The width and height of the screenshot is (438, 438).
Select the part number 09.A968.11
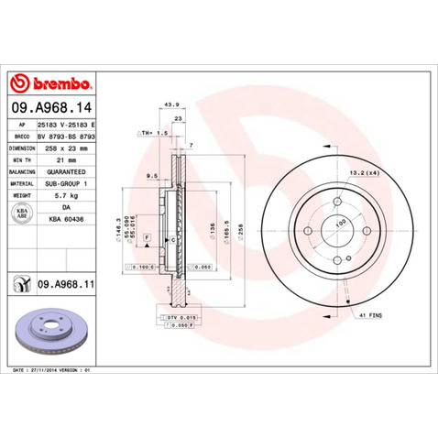pos(66,285)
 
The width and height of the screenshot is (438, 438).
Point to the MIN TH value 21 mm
pos(54,159)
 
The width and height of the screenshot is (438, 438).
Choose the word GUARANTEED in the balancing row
pos(62,171)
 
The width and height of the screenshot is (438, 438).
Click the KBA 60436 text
pos(61,220)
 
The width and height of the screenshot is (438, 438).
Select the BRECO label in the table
pos(21,134)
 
